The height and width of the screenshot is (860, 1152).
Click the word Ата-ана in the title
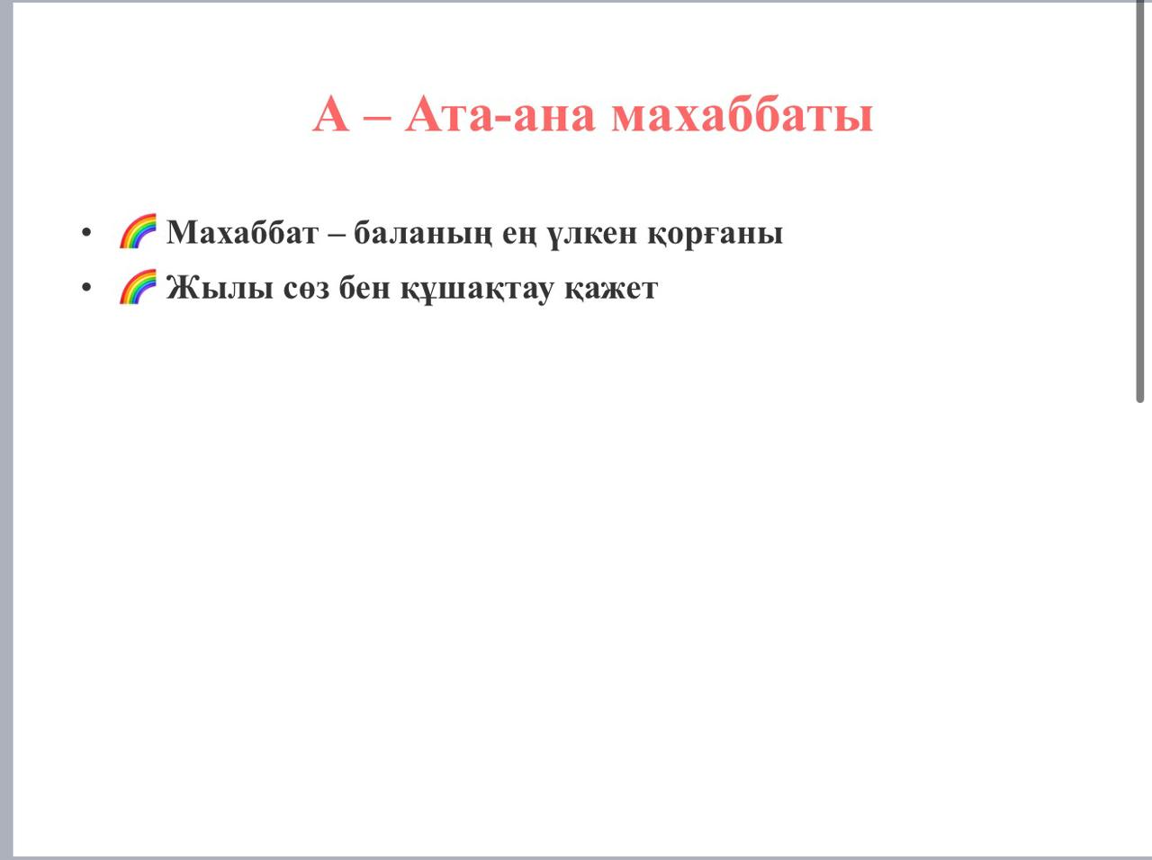pos(500,114)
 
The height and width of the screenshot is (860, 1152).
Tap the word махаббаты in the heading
pos(742,113)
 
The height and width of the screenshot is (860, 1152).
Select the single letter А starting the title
pos(330,113)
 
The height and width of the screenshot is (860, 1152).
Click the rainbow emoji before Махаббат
pos(138,230)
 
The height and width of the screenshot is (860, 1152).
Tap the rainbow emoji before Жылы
pos(138,286)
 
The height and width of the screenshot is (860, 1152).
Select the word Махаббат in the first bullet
pos(242,232)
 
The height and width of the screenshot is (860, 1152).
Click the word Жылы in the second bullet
pos(220,288)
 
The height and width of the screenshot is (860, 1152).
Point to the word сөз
pos(307,290)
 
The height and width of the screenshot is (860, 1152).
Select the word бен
pos(364,287)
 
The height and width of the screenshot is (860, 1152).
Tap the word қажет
pos(611,290)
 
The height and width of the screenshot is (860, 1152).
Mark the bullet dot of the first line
pos(86,232)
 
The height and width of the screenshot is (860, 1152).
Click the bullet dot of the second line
pos(86,287)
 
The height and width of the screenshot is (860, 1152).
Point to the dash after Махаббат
pos(337,235)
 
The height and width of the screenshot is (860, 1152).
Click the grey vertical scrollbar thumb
pos(1140,202)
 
